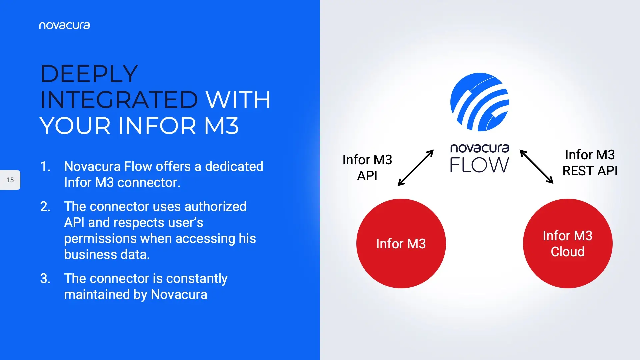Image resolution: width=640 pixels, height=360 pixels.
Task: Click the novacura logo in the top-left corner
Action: (x=64, y=26)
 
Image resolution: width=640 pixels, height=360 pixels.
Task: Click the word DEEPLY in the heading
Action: (x=89, y=73)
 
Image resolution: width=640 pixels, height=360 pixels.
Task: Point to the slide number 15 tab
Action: (x=10, y=180)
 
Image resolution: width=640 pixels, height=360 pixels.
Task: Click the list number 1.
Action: (x=45, y=166)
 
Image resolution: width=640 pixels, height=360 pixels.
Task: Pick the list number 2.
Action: (x=45, y=206)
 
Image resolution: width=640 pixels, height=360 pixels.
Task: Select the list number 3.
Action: (x=45, y=278)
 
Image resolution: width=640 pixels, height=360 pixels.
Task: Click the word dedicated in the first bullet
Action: (x=234, y=166)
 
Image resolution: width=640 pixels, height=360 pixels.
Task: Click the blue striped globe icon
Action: (x=480, y=102)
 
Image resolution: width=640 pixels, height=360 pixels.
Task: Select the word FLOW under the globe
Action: (x=480, y=165)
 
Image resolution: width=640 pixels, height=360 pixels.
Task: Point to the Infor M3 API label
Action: (x=367, y=168)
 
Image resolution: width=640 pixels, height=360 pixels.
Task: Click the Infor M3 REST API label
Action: (x=590, y=163)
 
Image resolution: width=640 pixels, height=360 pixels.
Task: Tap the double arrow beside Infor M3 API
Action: (x=416, y=168)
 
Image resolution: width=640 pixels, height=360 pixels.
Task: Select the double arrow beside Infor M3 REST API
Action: (x=537, y=167)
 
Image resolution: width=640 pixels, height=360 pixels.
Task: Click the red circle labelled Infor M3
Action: (x=401, y=244)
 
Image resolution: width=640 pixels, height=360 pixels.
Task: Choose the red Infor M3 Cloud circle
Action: (x=568, y=244)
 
